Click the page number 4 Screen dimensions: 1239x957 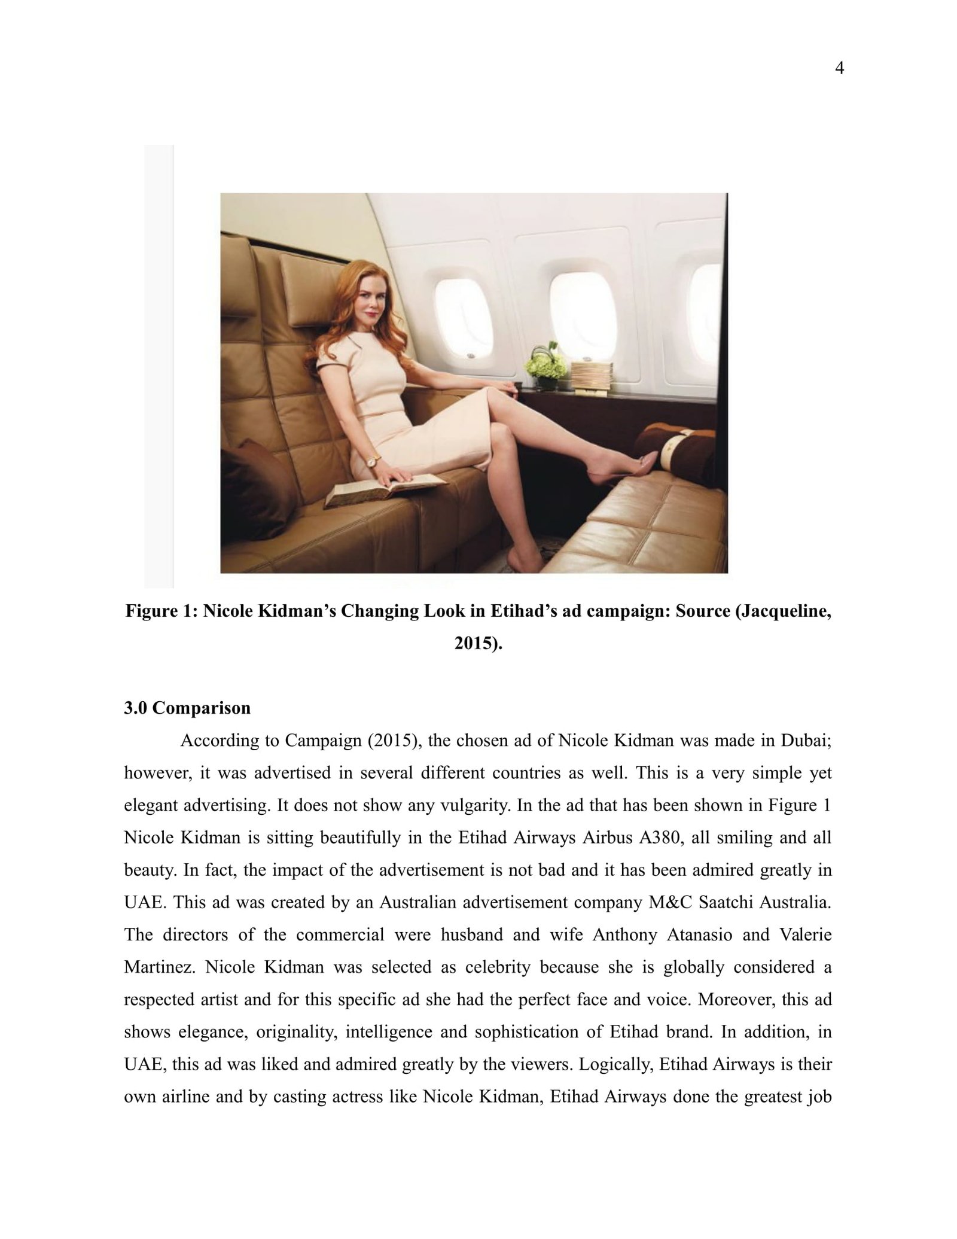click(839, 69)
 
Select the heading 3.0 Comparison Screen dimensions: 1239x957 click(187, 708)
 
